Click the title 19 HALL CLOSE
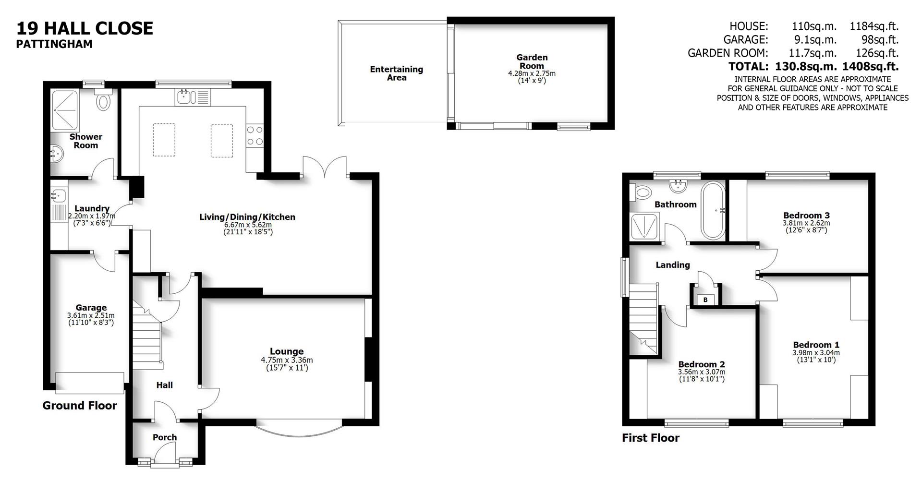tap(85, 28)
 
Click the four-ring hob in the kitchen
tap(255, 135)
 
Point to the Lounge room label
tap(287, 351)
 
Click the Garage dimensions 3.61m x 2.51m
tap(91, 316)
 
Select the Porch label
tap(165, 437)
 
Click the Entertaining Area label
tap(397, 73)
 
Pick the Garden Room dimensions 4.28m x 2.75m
tap(532, 73)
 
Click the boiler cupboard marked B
tap(705, 300)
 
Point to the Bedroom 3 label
tap(806, 216)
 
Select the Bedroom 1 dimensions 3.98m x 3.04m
tap(816, 353)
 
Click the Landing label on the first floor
tap(673, 265)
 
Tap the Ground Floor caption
tap(80, 406)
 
